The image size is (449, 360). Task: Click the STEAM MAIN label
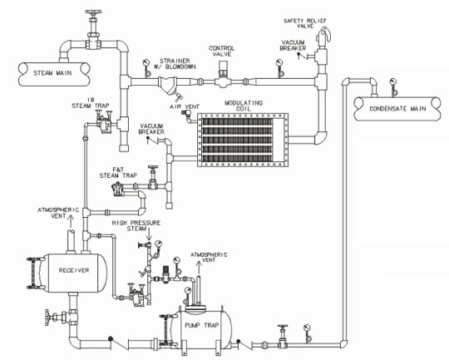click(x=52, y=73)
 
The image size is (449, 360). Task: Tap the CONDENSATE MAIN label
click(x=397, y=109)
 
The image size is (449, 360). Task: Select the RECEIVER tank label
click(x=74, y=270)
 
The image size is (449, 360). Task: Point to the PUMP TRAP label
click(x=201, y=325)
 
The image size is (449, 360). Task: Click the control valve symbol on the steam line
click(x=223, y=75)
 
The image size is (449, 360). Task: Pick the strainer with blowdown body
click(x=169, y=86)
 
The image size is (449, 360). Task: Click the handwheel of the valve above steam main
click(x=93, y=13)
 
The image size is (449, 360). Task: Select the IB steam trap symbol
click(x=104, y=122)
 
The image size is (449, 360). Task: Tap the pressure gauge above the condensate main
click(x=394, y=86)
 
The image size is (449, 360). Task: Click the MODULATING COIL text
click(x=244, y=106)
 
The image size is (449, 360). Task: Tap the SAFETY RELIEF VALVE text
click(x=305, y=23)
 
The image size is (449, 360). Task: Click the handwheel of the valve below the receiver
click(x=48, y=317)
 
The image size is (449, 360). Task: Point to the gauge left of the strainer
click(x=146, y=67)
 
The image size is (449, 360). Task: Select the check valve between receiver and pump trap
click(x=118, y=343)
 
